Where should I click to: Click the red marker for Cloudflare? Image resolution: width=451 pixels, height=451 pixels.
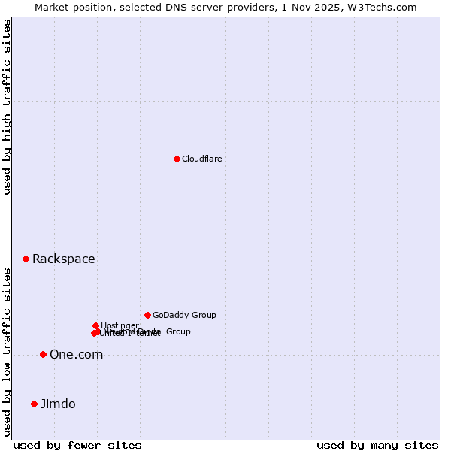pyautogui.click(x=177, y=159)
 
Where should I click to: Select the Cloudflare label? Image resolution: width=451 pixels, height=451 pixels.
pyautogui.click(x=201, y=159)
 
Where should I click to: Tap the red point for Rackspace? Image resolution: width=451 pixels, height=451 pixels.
pyautogui.click(x=26, y=259)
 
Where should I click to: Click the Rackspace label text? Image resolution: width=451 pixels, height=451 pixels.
pyautogui.click(x=63, y=259)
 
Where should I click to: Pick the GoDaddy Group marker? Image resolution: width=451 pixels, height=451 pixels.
pyautogui.click(x=147, y=315)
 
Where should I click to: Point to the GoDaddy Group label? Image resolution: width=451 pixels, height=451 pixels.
pyautogui.click(x=184, y=315)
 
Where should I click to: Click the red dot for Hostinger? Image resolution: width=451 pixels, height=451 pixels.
pyautogui.click(x=95, y=325)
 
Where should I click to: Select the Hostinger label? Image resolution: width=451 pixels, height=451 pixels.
pyautogui.click(x=120, y=325)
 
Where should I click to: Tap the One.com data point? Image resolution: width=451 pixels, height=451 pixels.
pyautogui.click(x=43, y=354)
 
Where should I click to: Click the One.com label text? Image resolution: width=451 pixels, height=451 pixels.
pyautogui.click(x=76, y=355)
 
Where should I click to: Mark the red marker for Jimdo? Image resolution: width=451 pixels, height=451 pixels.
pyautogui.click(x=34, y=404)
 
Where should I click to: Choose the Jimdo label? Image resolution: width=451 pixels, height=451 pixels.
pyautogui.click(x=58, y=404)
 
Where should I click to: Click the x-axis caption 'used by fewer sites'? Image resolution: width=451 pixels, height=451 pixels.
pyautogui.click(x=77, y=445)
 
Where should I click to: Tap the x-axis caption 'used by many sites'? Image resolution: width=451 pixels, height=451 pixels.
pyautogui.click(x=377, y=445)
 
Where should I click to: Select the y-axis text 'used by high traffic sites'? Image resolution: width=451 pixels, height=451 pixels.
pyautogui.click(x=8, y=107)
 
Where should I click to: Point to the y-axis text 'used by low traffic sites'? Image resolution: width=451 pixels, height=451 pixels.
pyautogui.click(x=8, y=352)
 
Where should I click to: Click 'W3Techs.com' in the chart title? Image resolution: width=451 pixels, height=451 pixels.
pyautogui.click(x=385, y=7)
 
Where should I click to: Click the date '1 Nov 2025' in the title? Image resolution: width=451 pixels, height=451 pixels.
pyautogui.click(x=323, y=7)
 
